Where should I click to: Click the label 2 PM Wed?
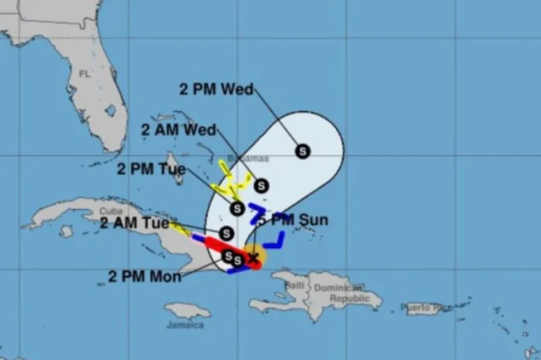[x=216, y=89]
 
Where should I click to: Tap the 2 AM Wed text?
[x=179, y=129]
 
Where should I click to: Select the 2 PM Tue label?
[x=152, y=168]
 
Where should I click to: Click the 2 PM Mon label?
[x=146, y=276]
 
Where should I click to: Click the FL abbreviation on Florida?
[x=84, y=74]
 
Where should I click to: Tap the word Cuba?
[x=109, y=211]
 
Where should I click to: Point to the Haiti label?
[x=294, y=286]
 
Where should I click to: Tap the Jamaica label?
[x=185, y=324]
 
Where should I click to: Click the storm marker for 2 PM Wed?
[x=303, y=151]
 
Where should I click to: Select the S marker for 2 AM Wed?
[x=261, y=185]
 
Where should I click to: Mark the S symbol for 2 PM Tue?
[x=237, y=209]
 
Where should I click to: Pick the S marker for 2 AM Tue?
[x=226, y=233]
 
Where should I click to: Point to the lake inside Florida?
[x=110, y=110]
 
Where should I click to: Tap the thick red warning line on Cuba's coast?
[x=224, y=248]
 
